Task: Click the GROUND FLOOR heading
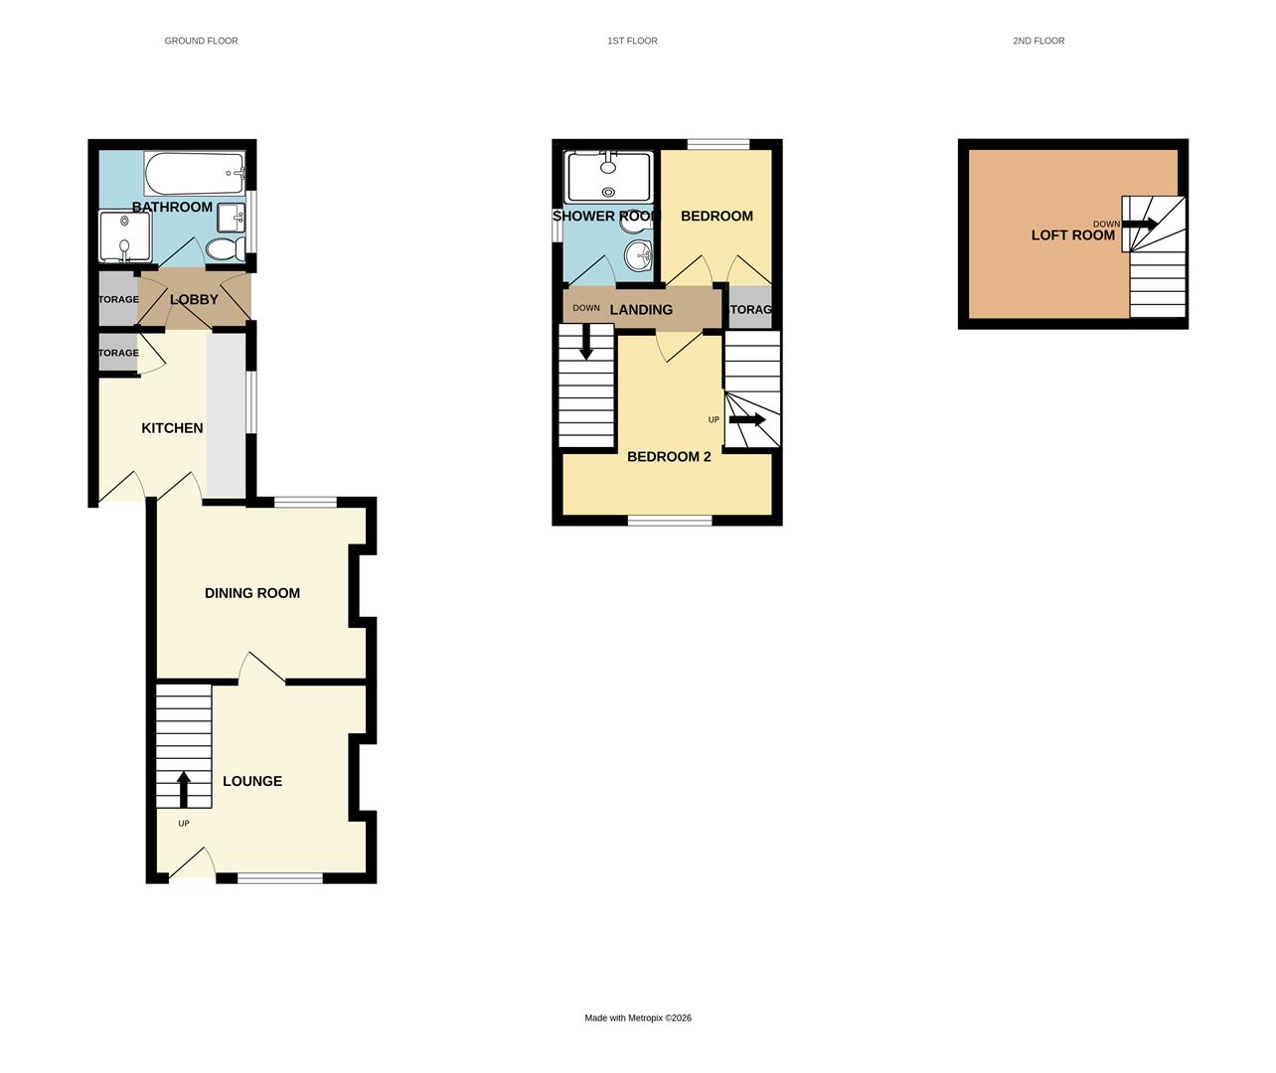[201, 41]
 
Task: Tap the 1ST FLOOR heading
[632, 41]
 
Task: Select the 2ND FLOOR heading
[1038, 41]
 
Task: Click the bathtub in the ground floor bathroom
[194, 173]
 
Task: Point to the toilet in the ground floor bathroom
[227, 248]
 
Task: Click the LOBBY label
[194, 299]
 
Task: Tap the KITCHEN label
[172, 428]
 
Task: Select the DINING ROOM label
[251, 593]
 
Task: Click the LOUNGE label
[251, 781]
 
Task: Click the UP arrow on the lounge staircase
[183, 789]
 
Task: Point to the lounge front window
[279, 877]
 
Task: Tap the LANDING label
[641, 310]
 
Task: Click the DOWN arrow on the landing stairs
[586, 343]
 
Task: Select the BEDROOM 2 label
[668, 457]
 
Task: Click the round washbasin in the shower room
[637, 257]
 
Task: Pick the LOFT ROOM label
[1072, 235]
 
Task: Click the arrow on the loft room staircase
[1141, 225]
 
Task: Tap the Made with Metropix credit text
[638, 1017]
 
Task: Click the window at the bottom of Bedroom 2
[669, 520]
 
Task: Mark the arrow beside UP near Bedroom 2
[747, 419]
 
